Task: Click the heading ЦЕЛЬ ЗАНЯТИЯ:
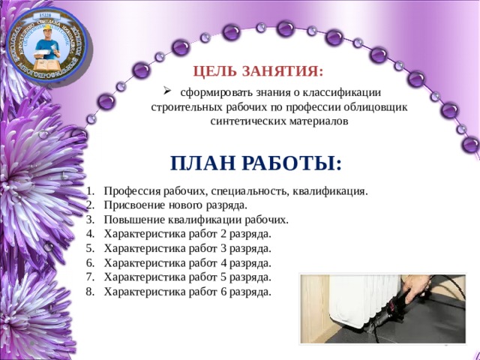click(259, 71)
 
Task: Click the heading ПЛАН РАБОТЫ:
click(256, 163)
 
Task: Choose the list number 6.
click(89, 262)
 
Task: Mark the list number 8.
click(89, 291)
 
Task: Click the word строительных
click(184, 106)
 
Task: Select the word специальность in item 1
click(253, 191)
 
